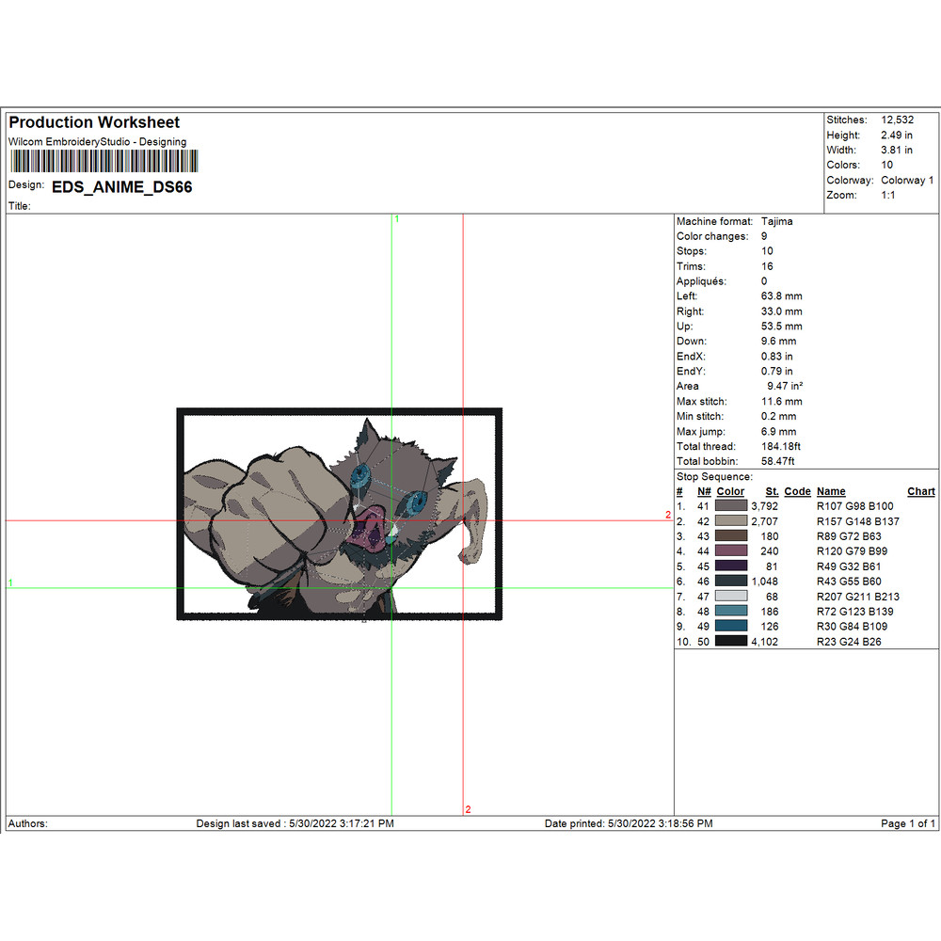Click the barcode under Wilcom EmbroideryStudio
(104, 161)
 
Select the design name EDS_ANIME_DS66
(121, 187)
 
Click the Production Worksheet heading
(94, 122)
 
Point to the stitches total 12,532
(897, 120)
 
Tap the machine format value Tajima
(776, 221)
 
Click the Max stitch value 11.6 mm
(781, 402)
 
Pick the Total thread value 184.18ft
(780, 446)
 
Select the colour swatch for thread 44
(731, 550)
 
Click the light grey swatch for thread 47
(731, 596)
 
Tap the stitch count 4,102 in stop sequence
(764, 642)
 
